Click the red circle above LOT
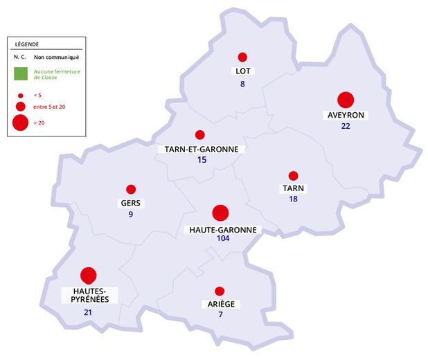[x=242, y=57]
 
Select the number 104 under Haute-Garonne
[x=222, y=239]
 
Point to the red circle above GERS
[x=131, y=189]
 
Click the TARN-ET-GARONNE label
[x=202, y=149]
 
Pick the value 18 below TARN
[x=293, y=199]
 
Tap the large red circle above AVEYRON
[x=346, y=100]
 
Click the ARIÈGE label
[x=220, y=305]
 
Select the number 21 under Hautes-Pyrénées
[x=88, y=313]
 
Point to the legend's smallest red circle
[x=21, y=95]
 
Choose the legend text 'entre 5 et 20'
[x=49, y=107]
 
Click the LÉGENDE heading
[x=27, y=43]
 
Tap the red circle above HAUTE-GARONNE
[x=220, y=213]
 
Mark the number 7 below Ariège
[x=220, y=316]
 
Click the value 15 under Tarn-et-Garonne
[x=202, y=160]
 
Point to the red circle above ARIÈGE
[x=220, y=291]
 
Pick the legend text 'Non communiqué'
[x=56, y=57]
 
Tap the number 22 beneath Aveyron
[x=346, y=127]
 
